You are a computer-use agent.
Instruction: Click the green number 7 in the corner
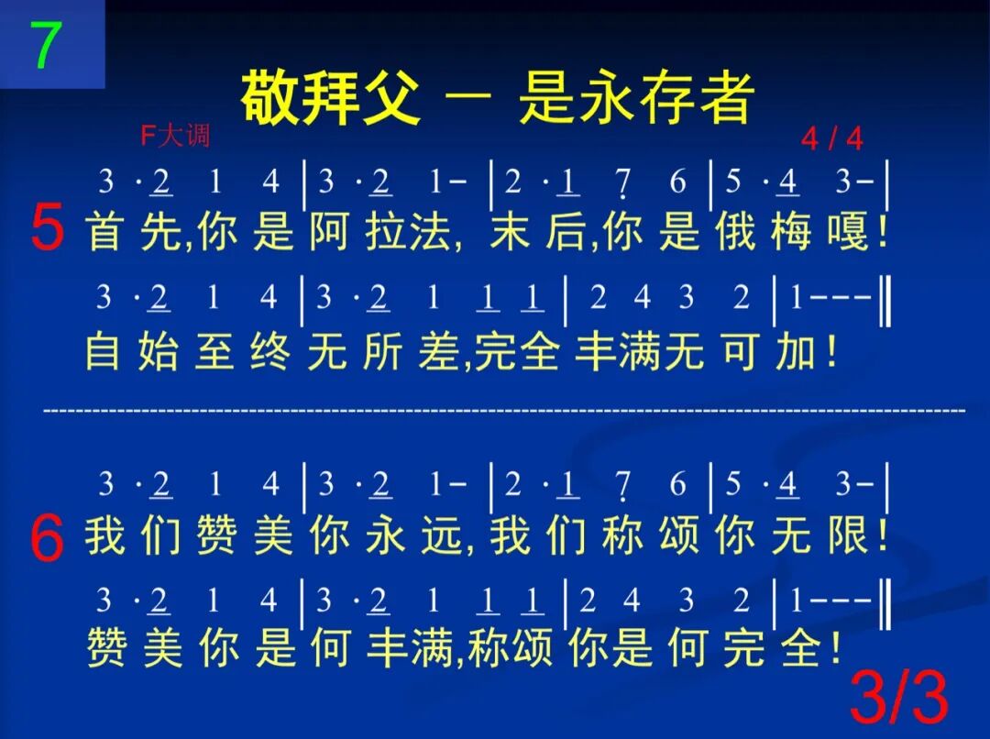tap(46, 44)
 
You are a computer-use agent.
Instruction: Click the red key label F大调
tap(175, 137)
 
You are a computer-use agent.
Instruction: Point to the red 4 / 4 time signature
tap(831, 138)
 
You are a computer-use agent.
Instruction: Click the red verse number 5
tap(47, 228)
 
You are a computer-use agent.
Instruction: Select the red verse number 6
tap(47, 539)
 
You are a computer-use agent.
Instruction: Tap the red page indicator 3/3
tap(898, 698)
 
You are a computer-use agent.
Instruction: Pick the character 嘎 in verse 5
tap(850, 231)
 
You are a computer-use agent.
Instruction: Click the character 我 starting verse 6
tap(104, 535)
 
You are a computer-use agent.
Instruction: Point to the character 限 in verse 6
tap(849, 535)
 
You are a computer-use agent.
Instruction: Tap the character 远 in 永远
tap(442, 535)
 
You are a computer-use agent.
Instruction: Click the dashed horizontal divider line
tap(504, 410)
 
